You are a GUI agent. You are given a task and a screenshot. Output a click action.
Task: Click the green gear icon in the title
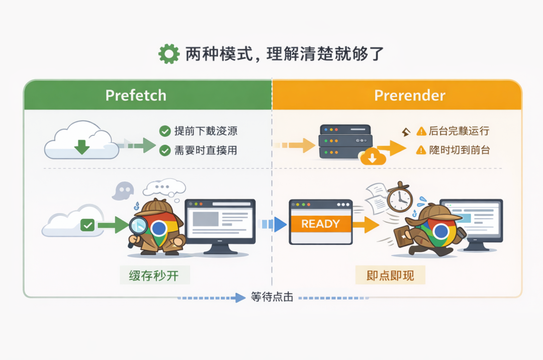[x=168, y=54]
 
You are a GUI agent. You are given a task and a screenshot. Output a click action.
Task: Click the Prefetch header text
[x=136, y=96]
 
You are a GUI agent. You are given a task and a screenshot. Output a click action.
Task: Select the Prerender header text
[x=410, y=96]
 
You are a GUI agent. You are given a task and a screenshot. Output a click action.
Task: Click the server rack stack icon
[x=344, y=142]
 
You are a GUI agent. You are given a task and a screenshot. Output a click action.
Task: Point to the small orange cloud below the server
[x=373, y=158]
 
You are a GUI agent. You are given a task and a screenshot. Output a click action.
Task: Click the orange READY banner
[x=320, y=224]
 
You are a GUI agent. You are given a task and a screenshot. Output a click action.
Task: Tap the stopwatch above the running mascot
[x=400, y=198]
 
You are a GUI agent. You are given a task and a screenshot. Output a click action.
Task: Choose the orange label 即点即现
[x=390, y=276]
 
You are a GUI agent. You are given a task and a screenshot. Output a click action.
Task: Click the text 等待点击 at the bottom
[x=271, y=297]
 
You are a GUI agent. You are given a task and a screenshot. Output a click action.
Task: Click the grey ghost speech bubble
[x=123, y=190]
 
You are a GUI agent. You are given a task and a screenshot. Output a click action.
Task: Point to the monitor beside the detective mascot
[x=220, y=221]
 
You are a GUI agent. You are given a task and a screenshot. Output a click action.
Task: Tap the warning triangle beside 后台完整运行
[x=421, y=132]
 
